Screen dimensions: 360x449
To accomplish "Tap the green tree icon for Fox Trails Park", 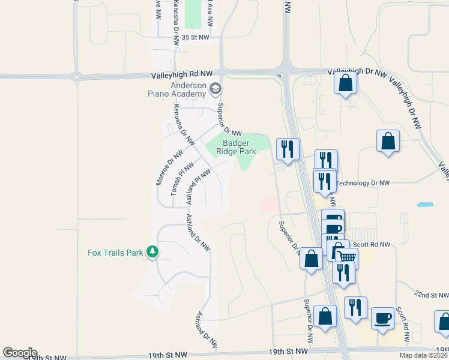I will coord(153,251).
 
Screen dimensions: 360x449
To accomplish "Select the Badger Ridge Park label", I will coord(240,147).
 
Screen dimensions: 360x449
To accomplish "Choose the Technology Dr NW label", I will coord(363,183).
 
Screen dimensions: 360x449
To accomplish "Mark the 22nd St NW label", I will coord(432,295).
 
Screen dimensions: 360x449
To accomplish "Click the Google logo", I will coord(20,353).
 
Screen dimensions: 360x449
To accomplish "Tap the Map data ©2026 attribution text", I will coord(424,355).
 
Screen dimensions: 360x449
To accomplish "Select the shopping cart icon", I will coord(346,256).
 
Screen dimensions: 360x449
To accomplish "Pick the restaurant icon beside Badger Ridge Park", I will coord(288,148).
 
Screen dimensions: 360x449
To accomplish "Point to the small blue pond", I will coord(425,205).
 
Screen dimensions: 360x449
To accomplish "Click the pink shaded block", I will coord(268,204).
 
